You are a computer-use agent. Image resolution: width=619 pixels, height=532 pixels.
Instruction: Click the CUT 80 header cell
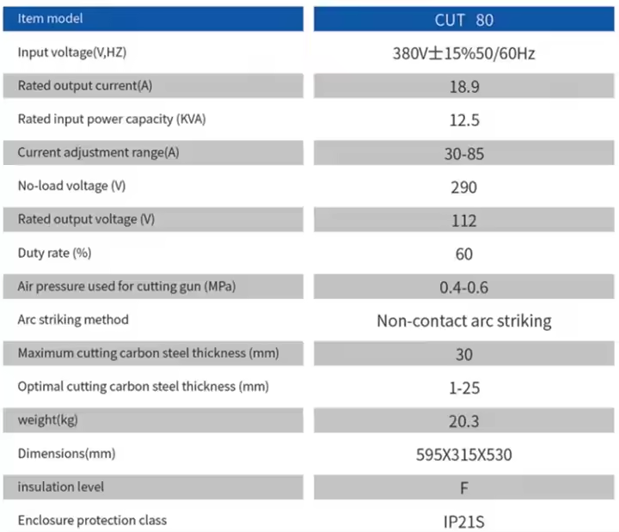(463, 19)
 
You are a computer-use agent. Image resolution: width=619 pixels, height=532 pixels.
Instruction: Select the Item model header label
(51, 18)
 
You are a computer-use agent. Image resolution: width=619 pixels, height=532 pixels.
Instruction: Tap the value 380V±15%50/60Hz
(463, 53)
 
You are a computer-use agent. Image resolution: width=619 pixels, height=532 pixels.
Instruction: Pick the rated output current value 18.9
(463, 87)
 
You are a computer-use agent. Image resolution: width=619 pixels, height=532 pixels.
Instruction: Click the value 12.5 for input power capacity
(463, 120)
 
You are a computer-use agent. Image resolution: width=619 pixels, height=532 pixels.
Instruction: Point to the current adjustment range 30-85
(463, 154)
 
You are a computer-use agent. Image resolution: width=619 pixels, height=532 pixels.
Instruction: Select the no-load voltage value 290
(463, 187)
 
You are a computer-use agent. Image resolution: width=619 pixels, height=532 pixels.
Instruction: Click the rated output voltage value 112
(463, 221)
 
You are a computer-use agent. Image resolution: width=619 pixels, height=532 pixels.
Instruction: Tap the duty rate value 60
(463, 254)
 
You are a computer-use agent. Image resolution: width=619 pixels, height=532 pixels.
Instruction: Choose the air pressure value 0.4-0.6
(463, 288)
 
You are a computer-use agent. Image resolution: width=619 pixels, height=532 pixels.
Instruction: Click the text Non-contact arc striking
(463, 321)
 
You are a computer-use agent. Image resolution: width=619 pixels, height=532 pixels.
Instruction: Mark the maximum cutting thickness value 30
(463, 354)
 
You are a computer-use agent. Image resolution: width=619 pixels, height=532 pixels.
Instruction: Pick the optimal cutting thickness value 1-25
(463, 388)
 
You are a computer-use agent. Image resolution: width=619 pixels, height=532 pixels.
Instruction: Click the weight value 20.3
(463, 421)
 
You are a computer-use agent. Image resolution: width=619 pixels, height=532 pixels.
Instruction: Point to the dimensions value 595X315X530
(463, 455)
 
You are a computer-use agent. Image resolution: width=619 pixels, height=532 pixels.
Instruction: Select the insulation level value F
(463, 488)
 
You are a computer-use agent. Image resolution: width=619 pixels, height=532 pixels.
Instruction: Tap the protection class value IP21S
(463, 521)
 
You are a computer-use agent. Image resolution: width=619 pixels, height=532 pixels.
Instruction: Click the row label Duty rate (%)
(54, 253)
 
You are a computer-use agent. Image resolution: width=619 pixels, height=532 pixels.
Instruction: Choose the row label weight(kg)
(51, 419)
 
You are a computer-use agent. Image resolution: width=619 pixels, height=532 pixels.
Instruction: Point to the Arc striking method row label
(73, 320)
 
